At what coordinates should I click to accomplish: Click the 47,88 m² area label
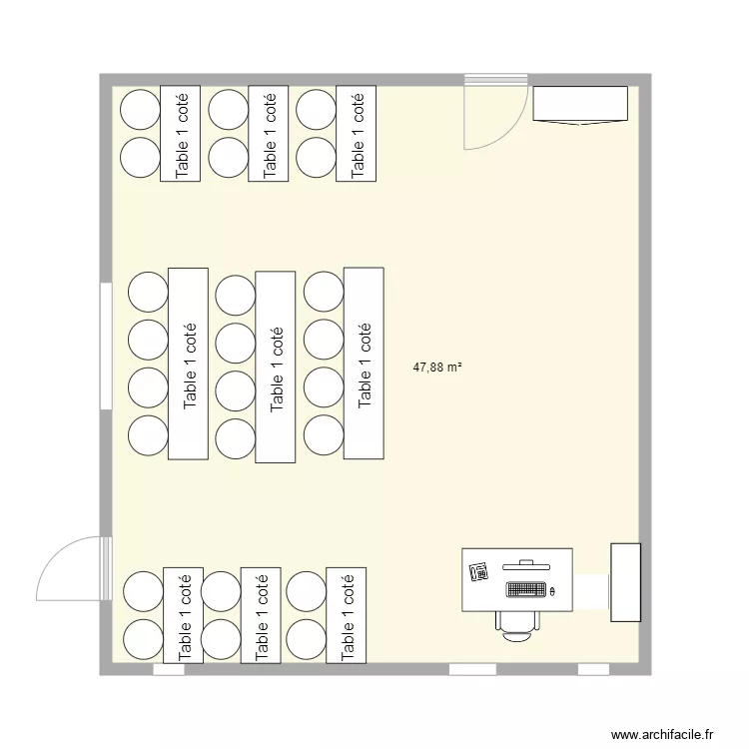pos(437,368)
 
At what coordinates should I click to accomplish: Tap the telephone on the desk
pos(478,572)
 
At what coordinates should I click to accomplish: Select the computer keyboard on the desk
pos(526,589)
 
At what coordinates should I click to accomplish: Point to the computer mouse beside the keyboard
pos(553,590)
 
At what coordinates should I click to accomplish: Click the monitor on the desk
pos(527,563)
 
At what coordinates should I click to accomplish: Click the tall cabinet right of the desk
pos(625,581)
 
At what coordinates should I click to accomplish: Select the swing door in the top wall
pos(496,112)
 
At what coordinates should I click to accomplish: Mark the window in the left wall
pos(105,346)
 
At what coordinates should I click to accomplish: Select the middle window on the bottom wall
pos(472,669)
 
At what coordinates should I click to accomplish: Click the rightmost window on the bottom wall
pos(593,669)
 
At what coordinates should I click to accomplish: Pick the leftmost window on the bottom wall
pos(169,669)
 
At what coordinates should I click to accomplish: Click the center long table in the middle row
pos(276,367)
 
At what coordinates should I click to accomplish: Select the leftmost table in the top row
pos(182,134)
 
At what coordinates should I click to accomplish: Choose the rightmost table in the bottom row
pos(348,615)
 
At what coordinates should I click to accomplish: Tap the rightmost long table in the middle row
pos(364,364)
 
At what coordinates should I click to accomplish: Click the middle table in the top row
pos(269,134)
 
